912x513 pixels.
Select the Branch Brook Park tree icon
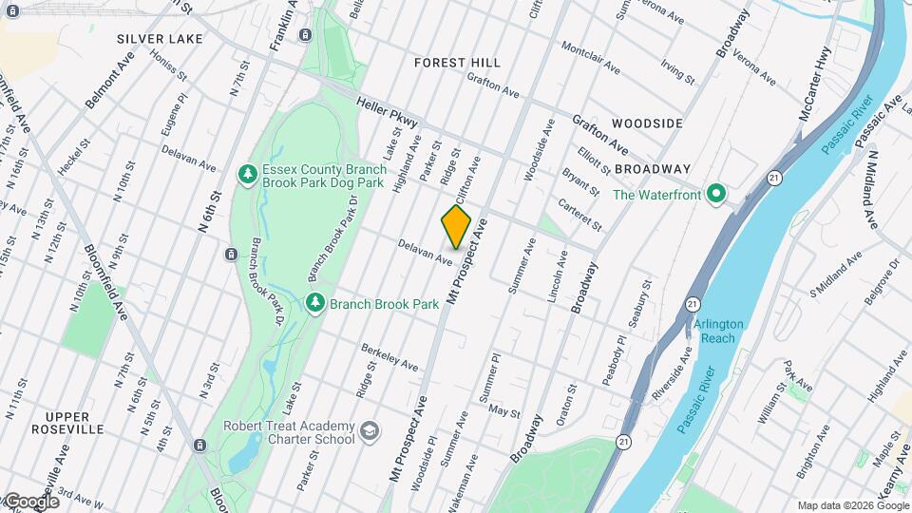coord(315,303)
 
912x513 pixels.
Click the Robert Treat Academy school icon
coord(368,433)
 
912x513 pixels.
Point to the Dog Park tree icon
coord(246,174)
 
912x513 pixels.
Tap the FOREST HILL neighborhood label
coord(457,63)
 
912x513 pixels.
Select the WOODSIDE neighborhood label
coord(647,124)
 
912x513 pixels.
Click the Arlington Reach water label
coord(718,332)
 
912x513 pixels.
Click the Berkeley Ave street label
coord(389,358)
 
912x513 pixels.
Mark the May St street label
coord(503,409)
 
